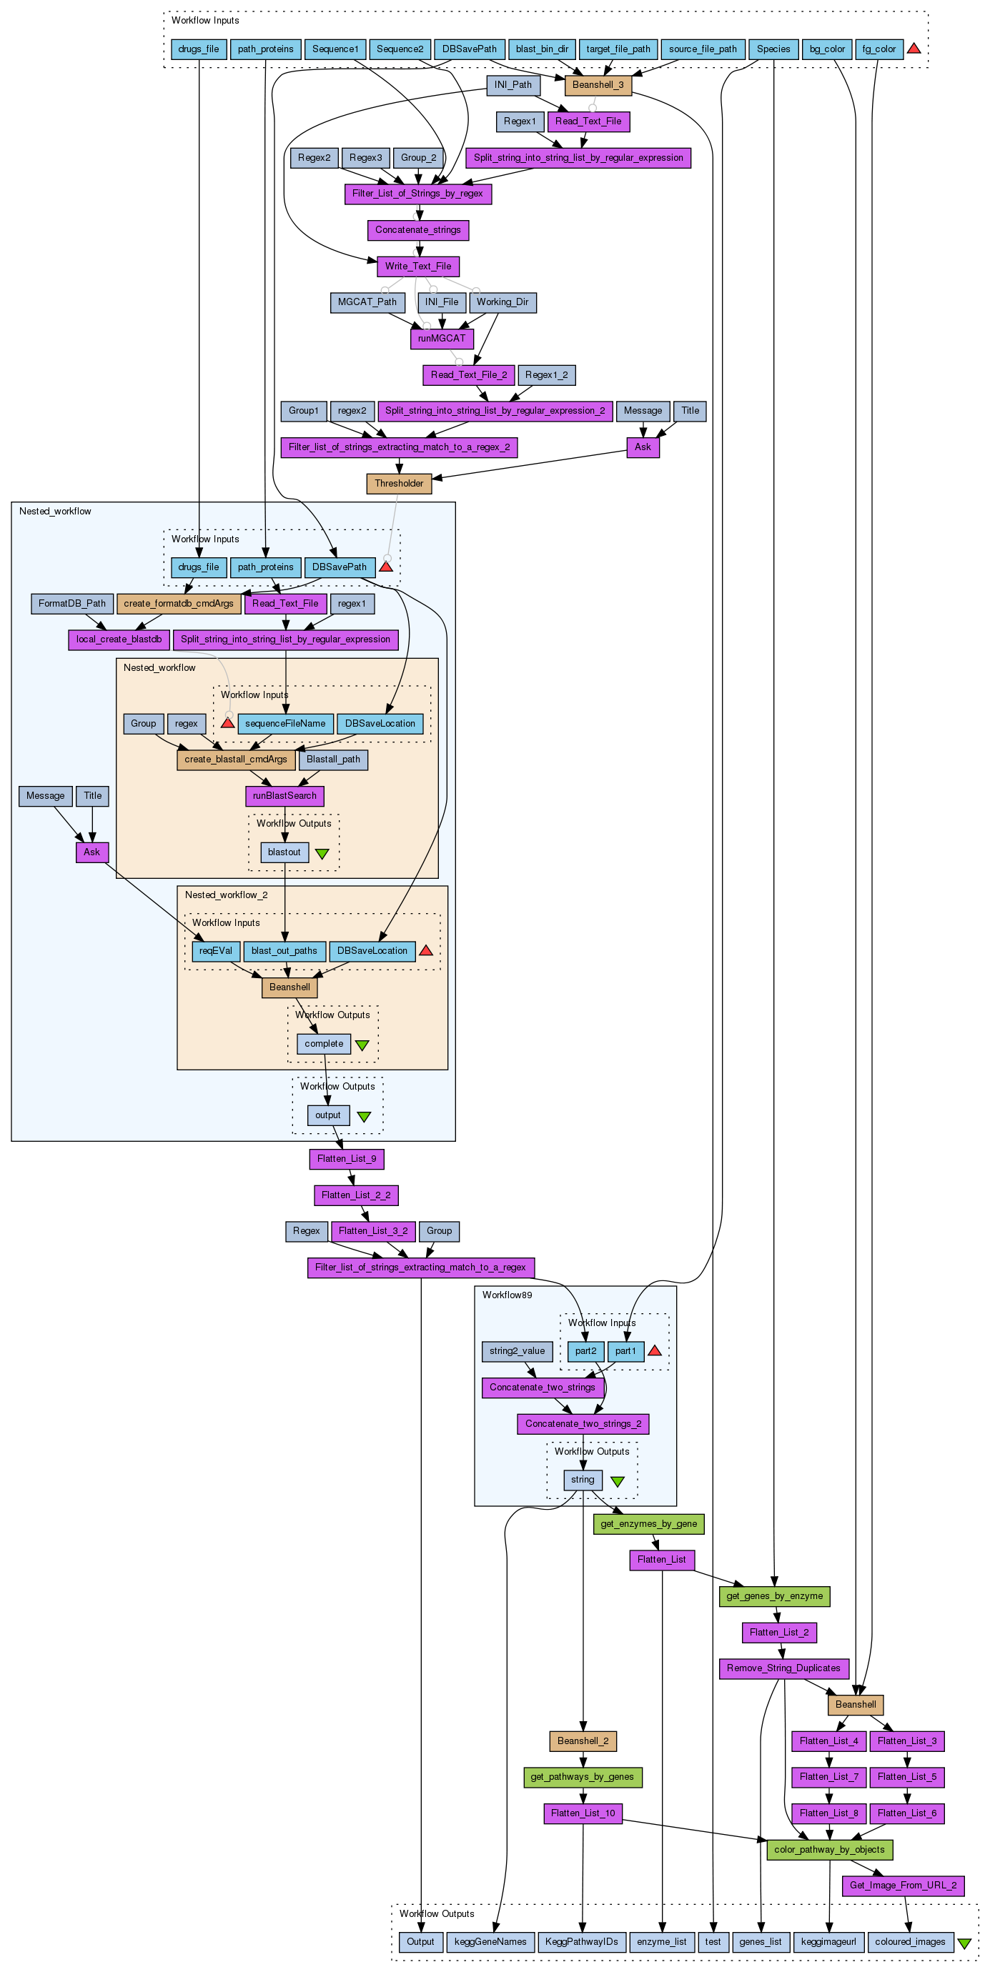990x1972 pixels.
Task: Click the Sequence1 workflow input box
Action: click(335, 49)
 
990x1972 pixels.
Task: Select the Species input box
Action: click(773, 49)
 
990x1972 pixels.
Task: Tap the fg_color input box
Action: click(878, 49)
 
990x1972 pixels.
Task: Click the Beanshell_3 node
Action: click(598, 85)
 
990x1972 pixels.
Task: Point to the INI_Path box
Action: click(513, 85)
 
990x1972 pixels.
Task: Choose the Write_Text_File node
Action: click(418, 267)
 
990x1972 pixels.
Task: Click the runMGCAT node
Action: click(442, 339)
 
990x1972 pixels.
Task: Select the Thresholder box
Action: click(399, 484)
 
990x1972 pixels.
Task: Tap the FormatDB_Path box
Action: click(72, 603)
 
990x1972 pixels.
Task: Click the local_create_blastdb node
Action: click(119, 639)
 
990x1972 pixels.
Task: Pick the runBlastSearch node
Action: click(284, 796)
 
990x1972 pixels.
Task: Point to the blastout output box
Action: click(284, 852)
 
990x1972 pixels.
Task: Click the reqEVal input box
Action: click(216, 951)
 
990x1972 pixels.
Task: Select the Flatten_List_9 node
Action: click(347, 1159)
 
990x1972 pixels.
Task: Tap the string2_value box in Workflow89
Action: click(517, 1351)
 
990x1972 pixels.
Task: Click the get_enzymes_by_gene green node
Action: click(648, 1524)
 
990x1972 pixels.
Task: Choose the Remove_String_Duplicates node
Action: click(783, 1668)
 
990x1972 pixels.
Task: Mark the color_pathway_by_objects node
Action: click(829, 1850)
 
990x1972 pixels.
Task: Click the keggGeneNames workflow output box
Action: click(490, 1941)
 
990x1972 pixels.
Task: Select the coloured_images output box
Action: click(911, 1941)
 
